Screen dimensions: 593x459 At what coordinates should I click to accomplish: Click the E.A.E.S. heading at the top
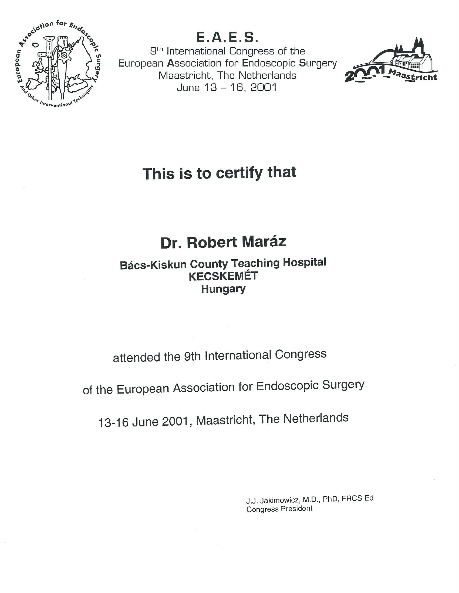[227, 38]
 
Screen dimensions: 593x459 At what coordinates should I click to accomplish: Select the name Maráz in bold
[264, 242]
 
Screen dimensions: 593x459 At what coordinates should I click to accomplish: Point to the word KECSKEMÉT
[223, 276]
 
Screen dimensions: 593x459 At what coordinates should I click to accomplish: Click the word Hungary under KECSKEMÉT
[223, 289]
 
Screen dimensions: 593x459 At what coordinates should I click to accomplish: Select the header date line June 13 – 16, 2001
[227, 88]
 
